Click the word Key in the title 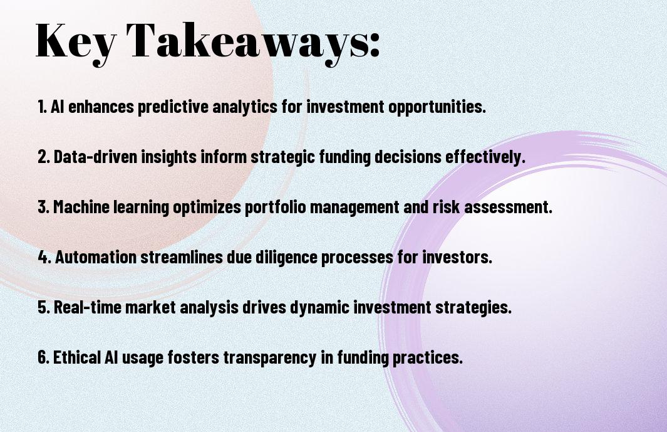tap(76, 43)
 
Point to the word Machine tap(81, 207)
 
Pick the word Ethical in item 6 tap(77, 357)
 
